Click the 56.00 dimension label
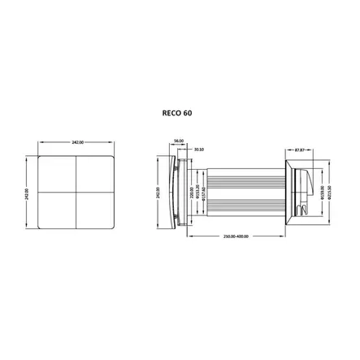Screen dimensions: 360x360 179,139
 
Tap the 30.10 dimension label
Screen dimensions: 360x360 200,149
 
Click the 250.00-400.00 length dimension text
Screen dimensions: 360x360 235,236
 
